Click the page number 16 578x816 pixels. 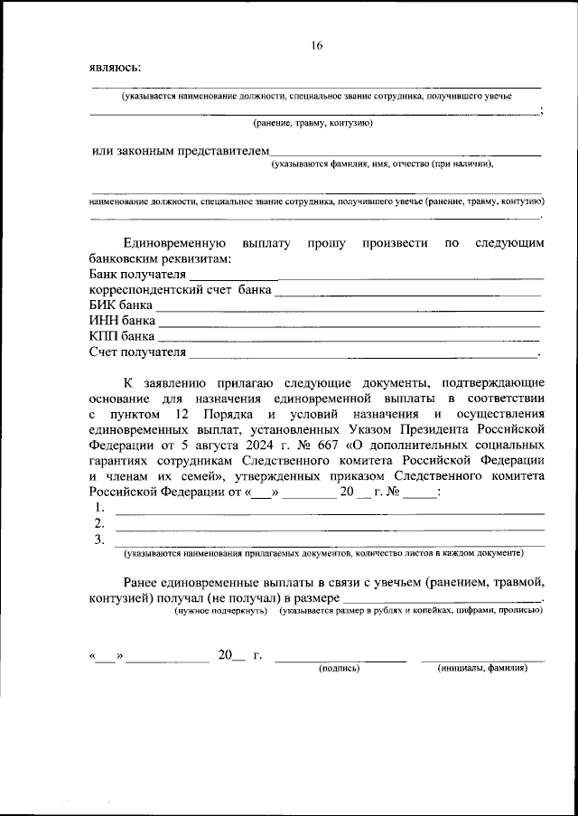tap(316, 45)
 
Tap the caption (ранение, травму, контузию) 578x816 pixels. tap(312, 122)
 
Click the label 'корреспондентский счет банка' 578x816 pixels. tap(180, 290)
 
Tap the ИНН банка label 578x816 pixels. tap(122, 321)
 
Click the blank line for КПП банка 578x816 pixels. tap(350, 339)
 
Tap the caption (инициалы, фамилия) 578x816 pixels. tap(482, 669)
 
